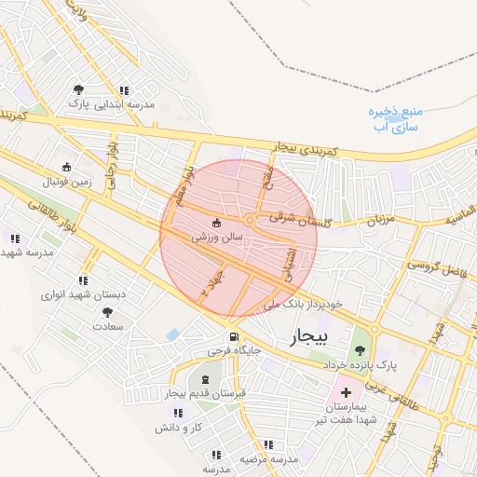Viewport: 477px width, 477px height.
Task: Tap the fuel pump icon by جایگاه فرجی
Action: tap(232, 336)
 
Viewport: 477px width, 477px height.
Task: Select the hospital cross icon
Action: tap(347, 393)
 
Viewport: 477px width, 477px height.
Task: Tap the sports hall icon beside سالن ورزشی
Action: tap(217, 224)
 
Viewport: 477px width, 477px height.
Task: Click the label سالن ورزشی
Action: tap(217, 238)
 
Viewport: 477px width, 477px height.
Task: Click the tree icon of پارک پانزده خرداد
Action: tap(360, 350)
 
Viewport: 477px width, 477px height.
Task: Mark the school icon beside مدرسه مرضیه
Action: tap(216, 455)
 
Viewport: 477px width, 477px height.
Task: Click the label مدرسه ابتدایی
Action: tap(130, 105)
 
